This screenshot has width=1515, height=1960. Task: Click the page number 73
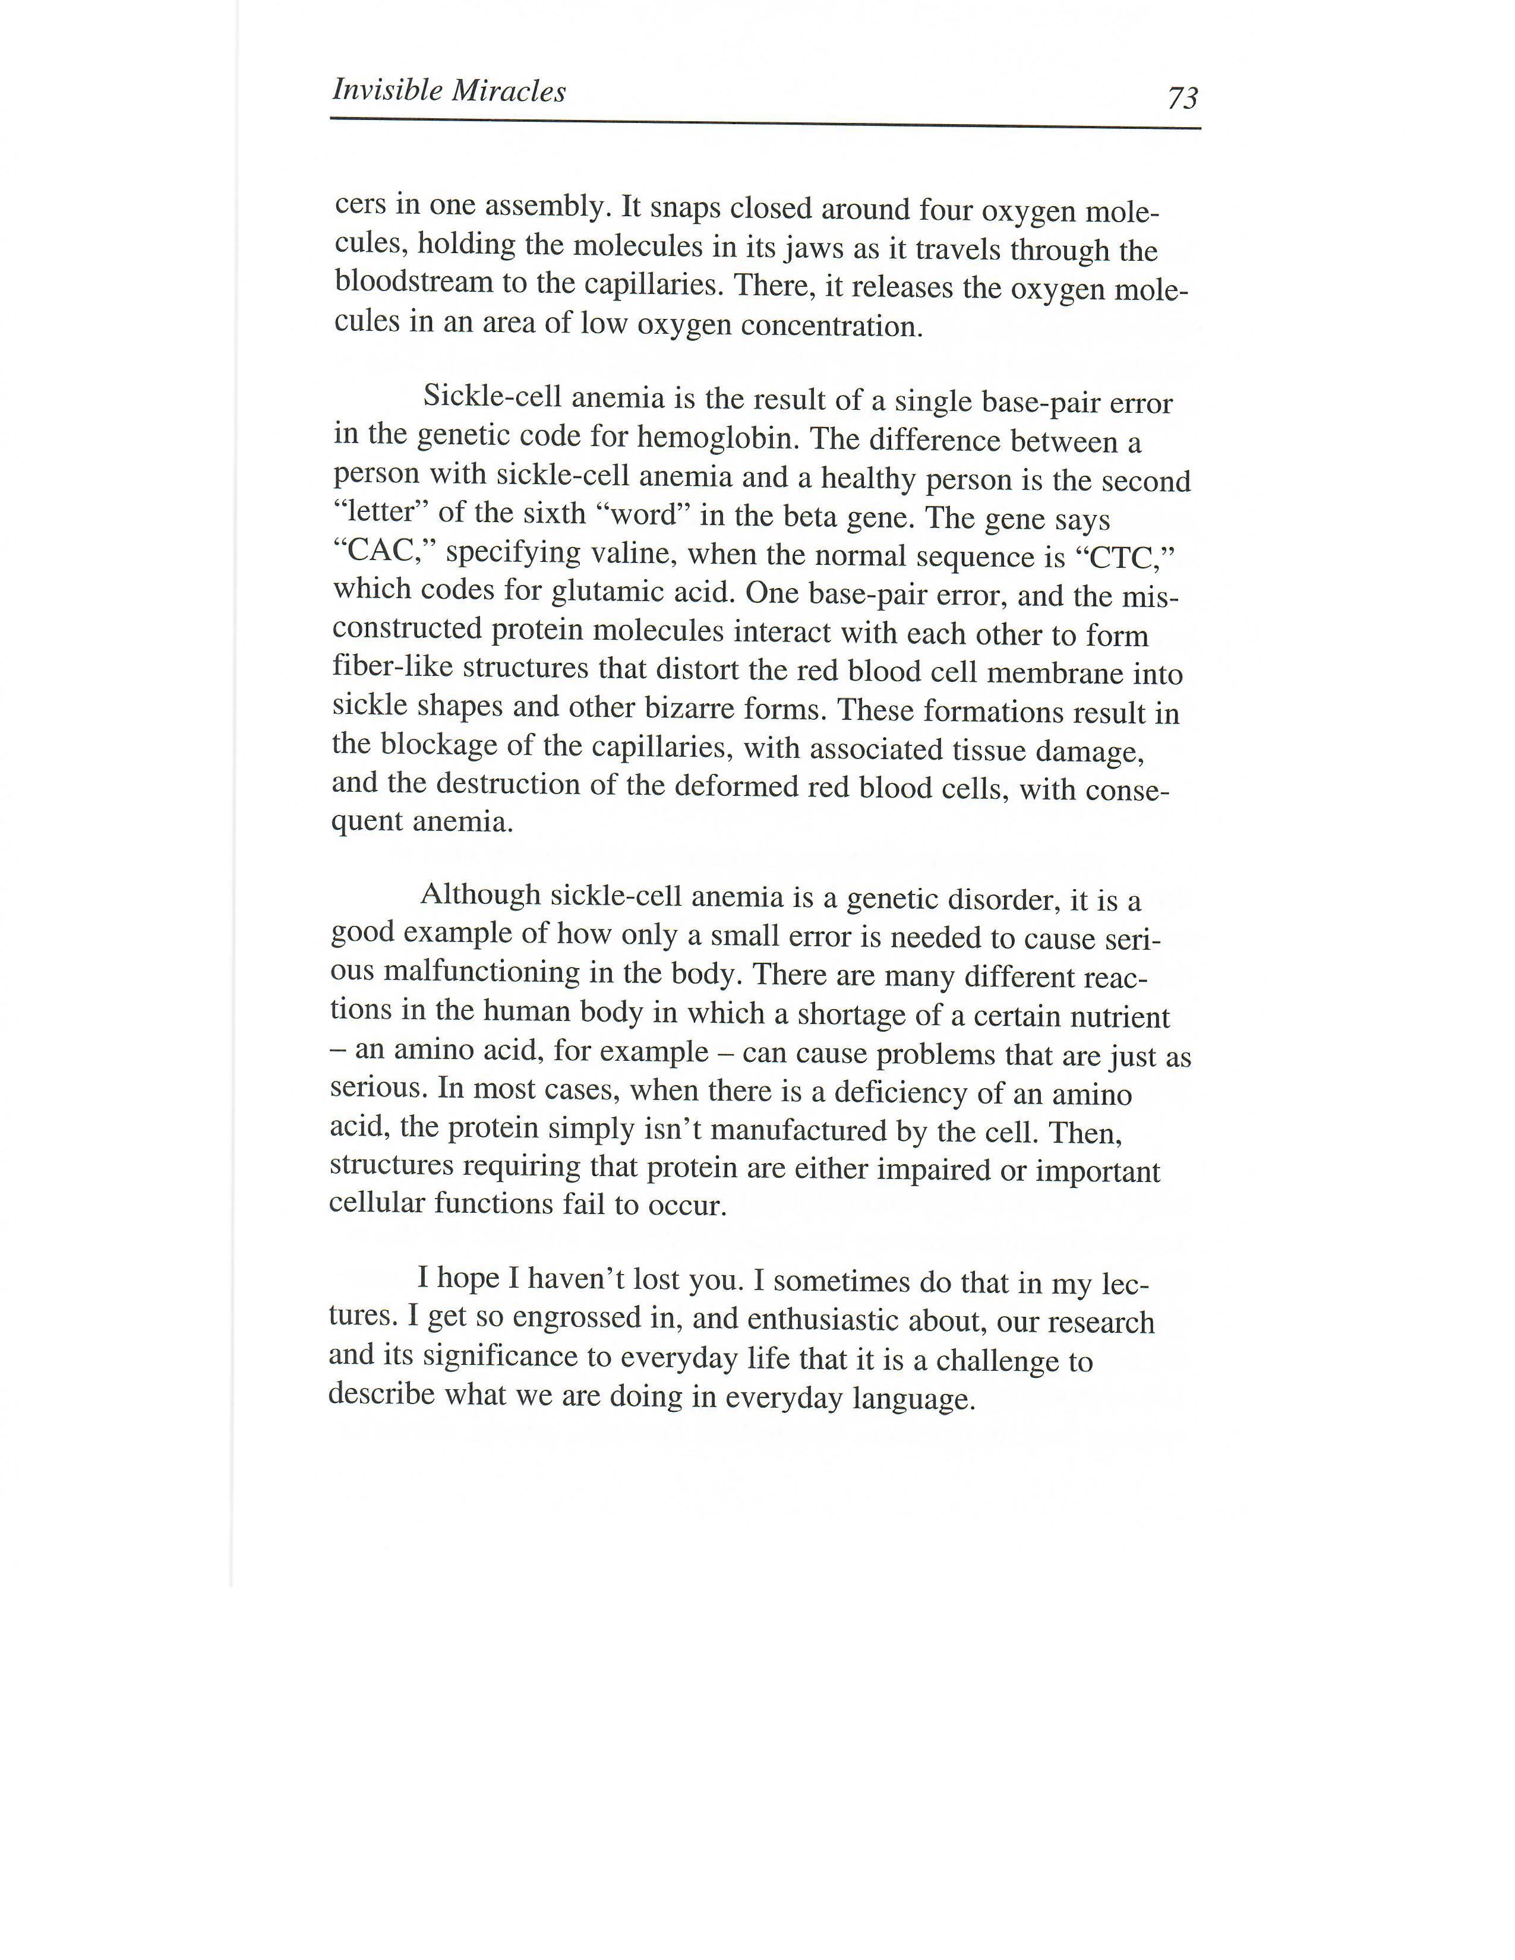pyautogui.click(x=1182, y=97)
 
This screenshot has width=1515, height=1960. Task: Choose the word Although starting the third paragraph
pyautogui.click(x=480, y=894)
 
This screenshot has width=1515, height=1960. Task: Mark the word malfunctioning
pyautogui.click(x=480, y=972)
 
